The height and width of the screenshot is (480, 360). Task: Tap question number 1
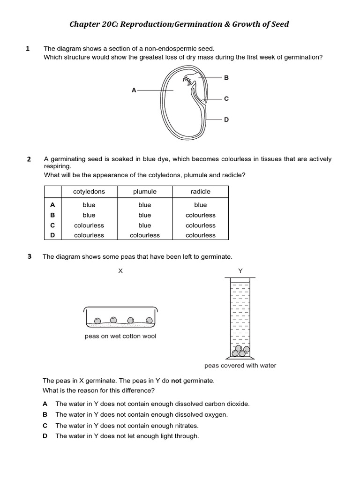tap(28, 48)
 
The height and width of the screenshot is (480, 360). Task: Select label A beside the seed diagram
tap(134, 90)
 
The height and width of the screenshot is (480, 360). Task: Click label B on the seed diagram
tap(226, 78)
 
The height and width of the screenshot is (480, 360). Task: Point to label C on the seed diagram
tap(226, 99)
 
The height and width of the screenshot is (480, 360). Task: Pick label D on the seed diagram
tap(226, 120)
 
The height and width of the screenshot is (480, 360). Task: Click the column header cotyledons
tap(89, 192)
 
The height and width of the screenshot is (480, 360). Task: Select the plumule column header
tap(145, 192)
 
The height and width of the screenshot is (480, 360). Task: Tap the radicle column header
tap(201, 192)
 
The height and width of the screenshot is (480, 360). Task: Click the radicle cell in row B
tap(201, 215)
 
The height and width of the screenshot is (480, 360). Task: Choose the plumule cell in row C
tap(145, 225)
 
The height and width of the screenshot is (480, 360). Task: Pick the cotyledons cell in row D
tap(89, 235)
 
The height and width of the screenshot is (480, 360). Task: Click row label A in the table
tap(52, 205)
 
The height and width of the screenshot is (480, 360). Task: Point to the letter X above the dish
tap(120, 271)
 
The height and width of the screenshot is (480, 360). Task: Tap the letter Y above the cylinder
tap(240, 271)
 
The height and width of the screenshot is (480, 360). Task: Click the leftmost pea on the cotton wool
tap(97, 321)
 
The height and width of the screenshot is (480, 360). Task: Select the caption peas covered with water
tap(240, 366)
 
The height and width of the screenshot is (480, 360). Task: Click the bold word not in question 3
tap(176, 381)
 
